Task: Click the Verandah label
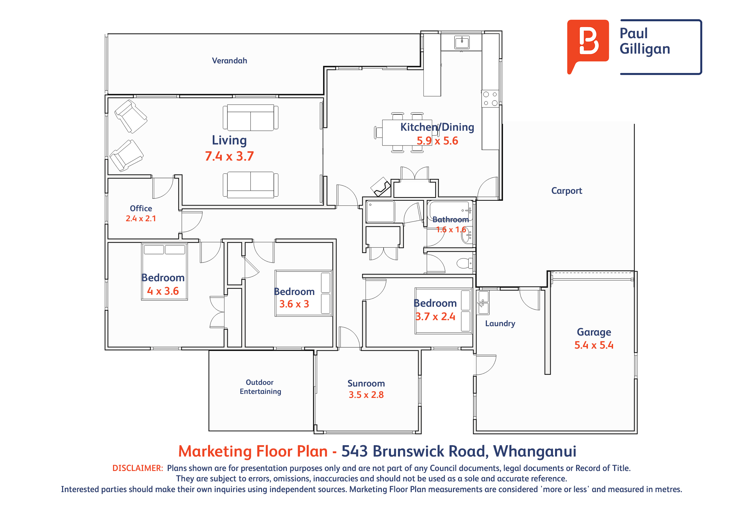click(x=230, y=61)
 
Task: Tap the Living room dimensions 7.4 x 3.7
click(x=229, y=156)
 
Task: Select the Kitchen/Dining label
click(x=437, y=127)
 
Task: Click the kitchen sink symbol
click(x=462, y=42)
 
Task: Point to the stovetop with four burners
click(x=490, y=99)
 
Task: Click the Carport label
click(x=566, y=191)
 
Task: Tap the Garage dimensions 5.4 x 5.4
click(x=594, y=345)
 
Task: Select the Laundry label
click(x=500, y=323)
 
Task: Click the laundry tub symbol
click(x=483, y=302)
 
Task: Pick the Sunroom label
click(x=366, y=383)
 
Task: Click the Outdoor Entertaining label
click(x=260, y=387)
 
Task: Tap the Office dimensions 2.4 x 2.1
click(x=141, y=219)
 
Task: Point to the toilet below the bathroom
click(x=465, y=263)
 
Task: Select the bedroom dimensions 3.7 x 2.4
click(x=435, y=316)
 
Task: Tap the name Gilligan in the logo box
click(x=645, y=49)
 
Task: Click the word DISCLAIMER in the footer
click(x=138, y=468)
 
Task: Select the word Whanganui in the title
click(x=535, y=452)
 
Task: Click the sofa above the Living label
click(x=250, y=117)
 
